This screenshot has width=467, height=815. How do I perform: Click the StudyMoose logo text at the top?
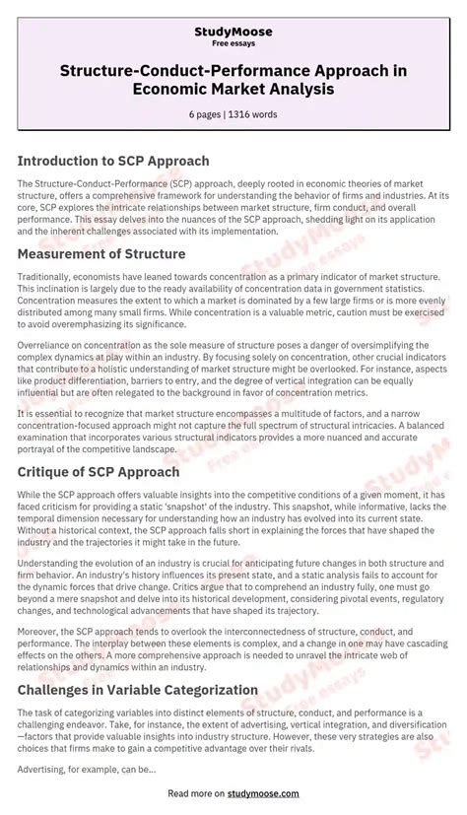point(233,33)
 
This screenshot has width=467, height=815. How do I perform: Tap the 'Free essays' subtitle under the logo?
point(233,45)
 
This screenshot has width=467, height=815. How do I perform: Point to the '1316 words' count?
point(254,114)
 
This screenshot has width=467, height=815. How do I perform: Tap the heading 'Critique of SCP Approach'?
point(99,472)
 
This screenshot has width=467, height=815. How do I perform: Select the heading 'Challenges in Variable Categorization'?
point(138,690)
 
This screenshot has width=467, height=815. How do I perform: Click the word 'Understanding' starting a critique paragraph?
point(48,564)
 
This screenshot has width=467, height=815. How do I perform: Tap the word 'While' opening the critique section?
point(30,495)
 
